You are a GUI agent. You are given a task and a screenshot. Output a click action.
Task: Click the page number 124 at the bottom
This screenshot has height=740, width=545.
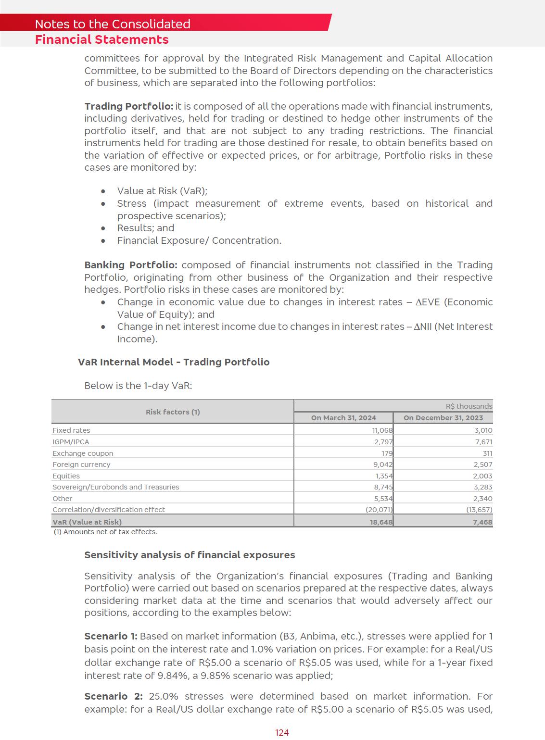[282, 732]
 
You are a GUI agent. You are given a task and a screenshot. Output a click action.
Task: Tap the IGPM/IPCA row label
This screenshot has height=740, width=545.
[71, 442]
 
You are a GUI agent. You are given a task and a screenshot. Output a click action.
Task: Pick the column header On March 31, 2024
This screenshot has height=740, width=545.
[343, 418]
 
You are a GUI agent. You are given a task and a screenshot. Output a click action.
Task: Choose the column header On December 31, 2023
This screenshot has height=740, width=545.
[443, 418]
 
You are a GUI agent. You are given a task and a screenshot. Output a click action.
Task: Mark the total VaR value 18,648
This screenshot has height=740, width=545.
[381, 522]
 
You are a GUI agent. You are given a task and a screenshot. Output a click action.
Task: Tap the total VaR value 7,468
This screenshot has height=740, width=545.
[482, 522]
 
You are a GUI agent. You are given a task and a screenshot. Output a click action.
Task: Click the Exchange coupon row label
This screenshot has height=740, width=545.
[83, 453]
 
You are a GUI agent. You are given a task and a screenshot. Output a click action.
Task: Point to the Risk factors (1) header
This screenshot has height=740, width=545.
[173, 412]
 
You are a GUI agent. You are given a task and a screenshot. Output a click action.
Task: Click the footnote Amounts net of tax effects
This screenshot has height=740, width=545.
[105, 532]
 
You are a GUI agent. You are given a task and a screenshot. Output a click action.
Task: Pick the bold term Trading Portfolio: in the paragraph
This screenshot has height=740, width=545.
[128, 106]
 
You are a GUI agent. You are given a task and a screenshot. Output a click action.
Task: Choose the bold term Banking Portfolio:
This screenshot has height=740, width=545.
[131, 265]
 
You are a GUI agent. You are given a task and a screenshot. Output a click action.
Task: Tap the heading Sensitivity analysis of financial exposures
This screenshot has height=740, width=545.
[190, 555]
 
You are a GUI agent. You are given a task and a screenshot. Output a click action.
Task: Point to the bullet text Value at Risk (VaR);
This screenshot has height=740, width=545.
[162, 191]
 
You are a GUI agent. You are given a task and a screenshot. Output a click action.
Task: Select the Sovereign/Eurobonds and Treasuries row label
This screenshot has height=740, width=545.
[115, 487]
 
